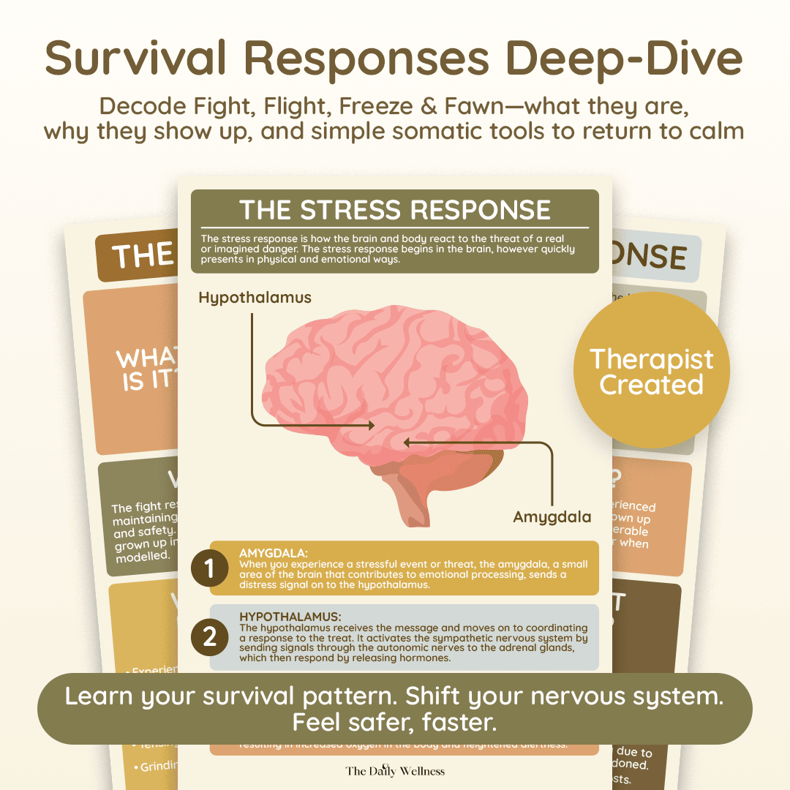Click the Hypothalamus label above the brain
(255, 298)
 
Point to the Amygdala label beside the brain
(552, 516)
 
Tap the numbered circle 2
(210, 637)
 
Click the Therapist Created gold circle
(651, 371)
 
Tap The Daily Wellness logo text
(395, 770)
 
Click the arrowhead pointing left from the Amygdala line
(407, 442)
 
